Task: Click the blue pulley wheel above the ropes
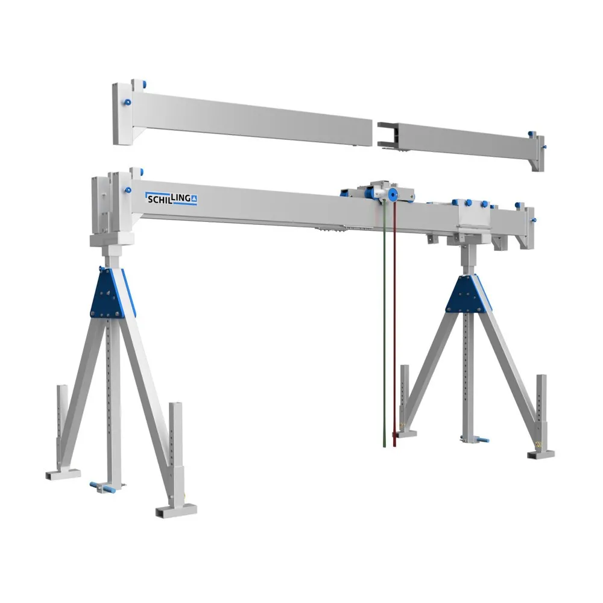[393, 194]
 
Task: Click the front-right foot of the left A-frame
[176, 510]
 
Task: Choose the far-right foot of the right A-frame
[541, 453]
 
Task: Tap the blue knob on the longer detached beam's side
[128, 103]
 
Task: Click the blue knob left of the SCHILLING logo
[128, 191]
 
